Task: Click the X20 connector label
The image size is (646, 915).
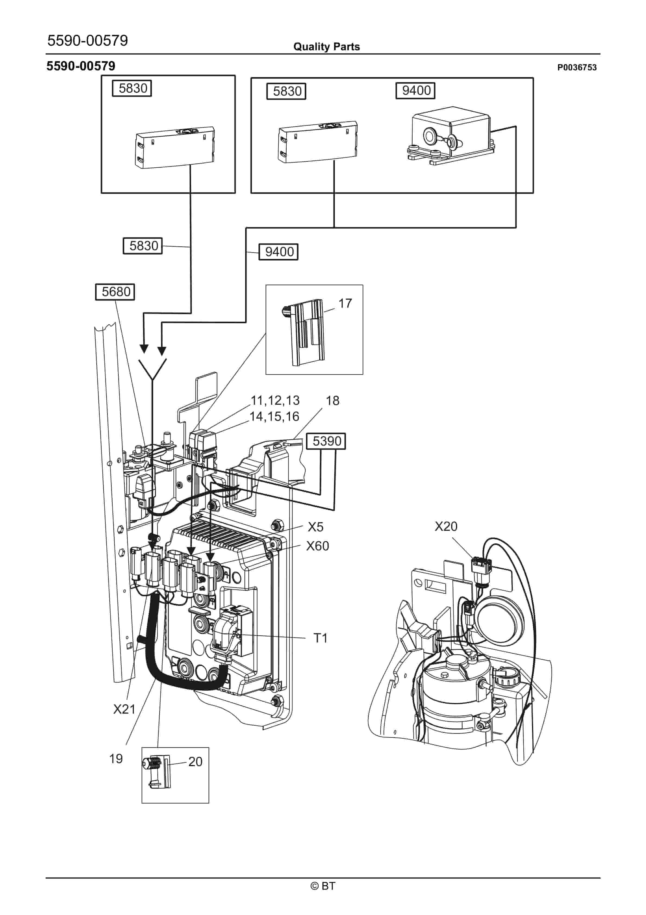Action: [446, 527]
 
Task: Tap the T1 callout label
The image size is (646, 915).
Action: [320, 638]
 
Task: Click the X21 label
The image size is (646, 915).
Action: [124, 709]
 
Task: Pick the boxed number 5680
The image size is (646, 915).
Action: [116, 292]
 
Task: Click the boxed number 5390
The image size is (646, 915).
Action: [327, 441]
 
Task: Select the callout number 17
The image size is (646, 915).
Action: [345, 303]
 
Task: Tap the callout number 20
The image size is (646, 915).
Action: [195, 762]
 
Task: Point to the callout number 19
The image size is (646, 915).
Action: [116, 759]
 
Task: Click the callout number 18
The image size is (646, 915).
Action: [332, 400]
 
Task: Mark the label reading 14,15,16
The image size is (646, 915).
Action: [274, 416]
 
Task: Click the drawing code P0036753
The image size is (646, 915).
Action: [577, 67]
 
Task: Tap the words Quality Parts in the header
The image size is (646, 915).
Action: [326, 47]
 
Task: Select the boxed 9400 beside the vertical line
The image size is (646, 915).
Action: [279, 252]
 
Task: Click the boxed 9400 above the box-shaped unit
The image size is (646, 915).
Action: [415, 90]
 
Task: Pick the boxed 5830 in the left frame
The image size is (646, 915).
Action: [132, 88]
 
